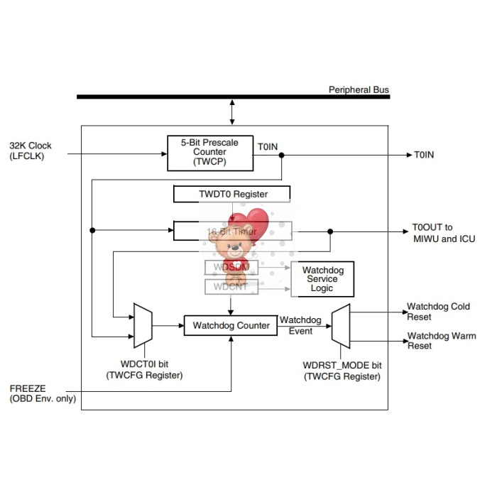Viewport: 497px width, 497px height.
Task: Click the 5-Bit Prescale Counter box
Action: (210, 153)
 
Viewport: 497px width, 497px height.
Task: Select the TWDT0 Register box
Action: (231, 194)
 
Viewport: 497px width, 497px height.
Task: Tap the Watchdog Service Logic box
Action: (322, 280)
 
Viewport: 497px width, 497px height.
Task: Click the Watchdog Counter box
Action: (231, 326)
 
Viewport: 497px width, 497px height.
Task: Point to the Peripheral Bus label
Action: (359, 90)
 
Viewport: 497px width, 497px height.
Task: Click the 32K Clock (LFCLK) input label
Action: (31, 151)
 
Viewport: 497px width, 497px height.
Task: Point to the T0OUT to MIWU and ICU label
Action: (443, 234)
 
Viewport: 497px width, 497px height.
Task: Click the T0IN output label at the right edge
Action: (425, 154)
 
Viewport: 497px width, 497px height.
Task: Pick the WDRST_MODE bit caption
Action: (342, 371)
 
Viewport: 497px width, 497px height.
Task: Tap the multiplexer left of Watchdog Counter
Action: (143, 326)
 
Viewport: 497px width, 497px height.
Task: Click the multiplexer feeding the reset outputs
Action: (341, 326)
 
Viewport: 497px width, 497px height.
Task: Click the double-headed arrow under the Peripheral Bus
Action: (232, 111)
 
